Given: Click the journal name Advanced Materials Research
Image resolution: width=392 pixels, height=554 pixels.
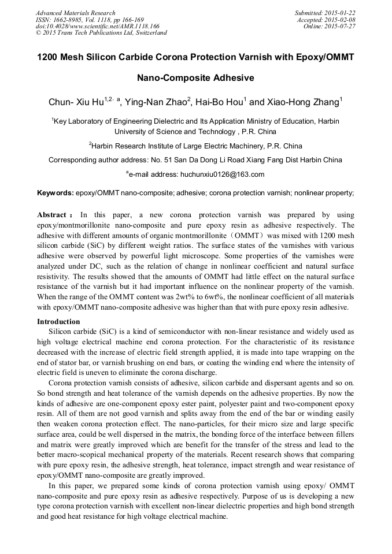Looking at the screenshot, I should [75, 13].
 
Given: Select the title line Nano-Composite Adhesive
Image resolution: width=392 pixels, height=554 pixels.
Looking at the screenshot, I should [195, 78].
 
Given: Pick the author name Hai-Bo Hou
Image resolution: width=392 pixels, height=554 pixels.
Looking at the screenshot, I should [220, 103].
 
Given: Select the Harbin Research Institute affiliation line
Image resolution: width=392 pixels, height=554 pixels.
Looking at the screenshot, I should [195, 146].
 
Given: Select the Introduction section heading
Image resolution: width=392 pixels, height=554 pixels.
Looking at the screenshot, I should [58, 322].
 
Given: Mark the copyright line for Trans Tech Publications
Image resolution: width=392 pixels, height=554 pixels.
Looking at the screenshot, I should [101, 33].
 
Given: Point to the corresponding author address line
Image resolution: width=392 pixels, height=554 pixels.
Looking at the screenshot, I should [195, 160].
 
